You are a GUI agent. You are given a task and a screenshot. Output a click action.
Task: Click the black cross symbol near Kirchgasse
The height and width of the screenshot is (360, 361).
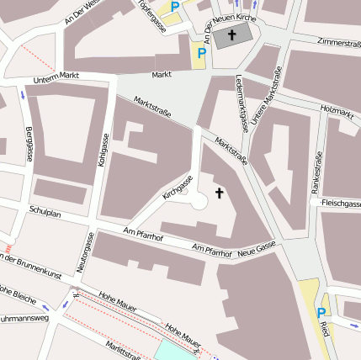[x=220, y=193]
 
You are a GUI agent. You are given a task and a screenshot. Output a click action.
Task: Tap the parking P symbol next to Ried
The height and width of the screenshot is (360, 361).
[x=321, y=312]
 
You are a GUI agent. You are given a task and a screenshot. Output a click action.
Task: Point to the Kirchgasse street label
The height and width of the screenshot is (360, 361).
[x=178, y=187]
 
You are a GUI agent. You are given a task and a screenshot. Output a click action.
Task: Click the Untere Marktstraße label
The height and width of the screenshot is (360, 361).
[x=270, y=103]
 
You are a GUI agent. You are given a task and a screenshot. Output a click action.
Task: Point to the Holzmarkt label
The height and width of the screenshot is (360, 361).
[x=337, y=109]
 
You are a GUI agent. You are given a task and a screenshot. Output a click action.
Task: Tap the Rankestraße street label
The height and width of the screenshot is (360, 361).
[x=317, y=172]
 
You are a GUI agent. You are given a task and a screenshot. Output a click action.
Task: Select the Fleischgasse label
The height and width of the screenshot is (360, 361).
[x=340, y=203]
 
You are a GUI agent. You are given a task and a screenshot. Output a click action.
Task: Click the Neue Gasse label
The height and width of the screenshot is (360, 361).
[x=257, y=248]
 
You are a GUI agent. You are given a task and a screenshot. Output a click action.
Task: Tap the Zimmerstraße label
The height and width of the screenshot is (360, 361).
[x=339, y=43]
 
